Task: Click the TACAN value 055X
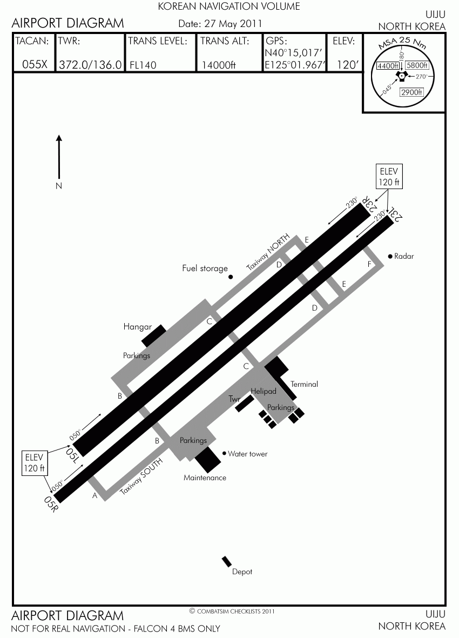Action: pyautogui.click(x=35, y=64)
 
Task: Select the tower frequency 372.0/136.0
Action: pyautogui.click(x=90, y=65)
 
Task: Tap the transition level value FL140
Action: pyautogui.click(x=143, y=65)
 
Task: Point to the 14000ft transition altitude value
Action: pyautogui.click(x=219, y=65)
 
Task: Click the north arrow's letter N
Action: pyautogui.click(x=59, y=186)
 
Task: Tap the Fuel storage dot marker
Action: pyautogui.click(x=231, y=277)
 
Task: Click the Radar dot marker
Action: pyautogui.click(x=390, y=257)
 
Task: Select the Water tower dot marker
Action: pyautogui.click(x=224, y=453)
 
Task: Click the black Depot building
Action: pyautogui.click(x=226, y=561)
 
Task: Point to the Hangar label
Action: pyautogui.click(x=137, y=327)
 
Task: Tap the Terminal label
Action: pyautogui.click(x=304, y=384)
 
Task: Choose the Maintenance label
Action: pyautogui.click(x=205, y=478)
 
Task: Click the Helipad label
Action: pyautogui.click(x=264, y=392)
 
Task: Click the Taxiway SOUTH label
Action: pyautogui.click(x=141, y=476)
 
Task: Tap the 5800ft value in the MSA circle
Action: pyautogui.click(x=417, y=65)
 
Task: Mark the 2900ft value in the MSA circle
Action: pyautogui.click(x=411, y=92)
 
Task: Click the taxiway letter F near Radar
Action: pyautogui.click(x=369, y=264)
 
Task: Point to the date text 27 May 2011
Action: pyautogui.click(x=233, y=24)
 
